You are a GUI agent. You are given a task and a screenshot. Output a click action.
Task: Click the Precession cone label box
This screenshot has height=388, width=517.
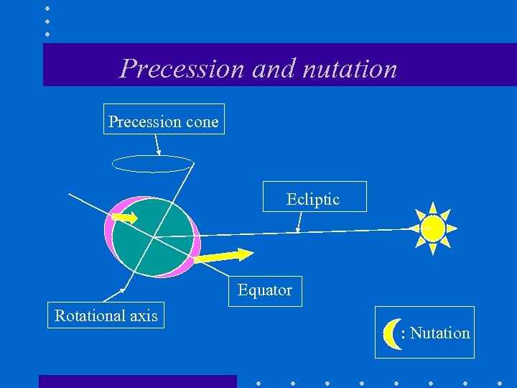(163, 120)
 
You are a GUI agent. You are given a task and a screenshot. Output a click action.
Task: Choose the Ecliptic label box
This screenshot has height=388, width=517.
(314, 197)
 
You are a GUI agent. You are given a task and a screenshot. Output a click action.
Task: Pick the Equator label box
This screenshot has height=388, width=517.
(265, 290)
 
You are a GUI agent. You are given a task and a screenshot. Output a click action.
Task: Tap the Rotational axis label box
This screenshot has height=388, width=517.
(106, 315)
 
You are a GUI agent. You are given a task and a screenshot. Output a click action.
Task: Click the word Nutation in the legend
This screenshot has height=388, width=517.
(440, 333)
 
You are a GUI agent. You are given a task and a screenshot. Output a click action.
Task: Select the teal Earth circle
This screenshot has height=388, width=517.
(153, 237)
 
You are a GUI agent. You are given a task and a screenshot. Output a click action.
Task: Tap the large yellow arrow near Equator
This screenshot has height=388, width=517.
(223, 255)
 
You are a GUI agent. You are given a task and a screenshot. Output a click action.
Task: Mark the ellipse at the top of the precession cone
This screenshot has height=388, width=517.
(153, 164)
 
